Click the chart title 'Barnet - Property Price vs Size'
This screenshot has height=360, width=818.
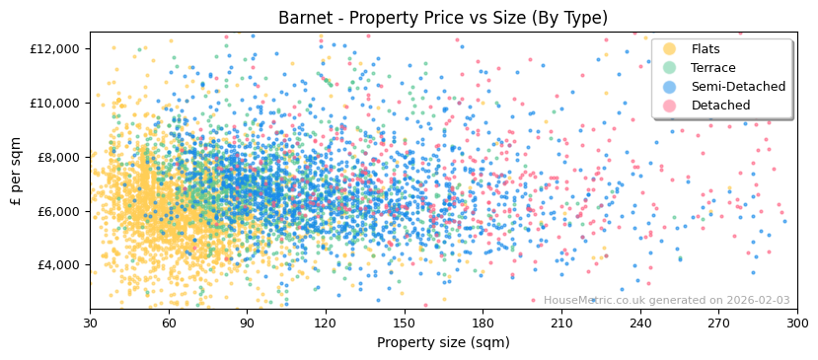[443, 18]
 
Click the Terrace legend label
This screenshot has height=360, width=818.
[713, 68]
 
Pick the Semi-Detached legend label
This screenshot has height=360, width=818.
[738, 87]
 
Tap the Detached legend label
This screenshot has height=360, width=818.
[720, 106]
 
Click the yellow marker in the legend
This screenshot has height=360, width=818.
[670, 49]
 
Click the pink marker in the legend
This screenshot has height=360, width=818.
[670, 106]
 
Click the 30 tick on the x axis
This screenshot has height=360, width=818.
[90, 324]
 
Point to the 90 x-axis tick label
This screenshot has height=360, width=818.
[247, 324]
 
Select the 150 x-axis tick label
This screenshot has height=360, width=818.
[405, 324]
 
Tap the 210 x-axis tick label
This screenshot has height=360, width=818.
[561, 324]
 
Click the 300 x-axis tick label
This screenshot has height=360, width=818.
[797, 324]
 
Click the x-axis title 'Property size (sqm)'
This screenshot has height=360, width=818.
[443, 342]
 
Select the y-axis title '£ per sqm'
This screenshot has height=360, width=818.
[17, 172]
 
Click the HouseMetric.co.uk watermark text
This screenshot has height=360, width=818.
[666, 300]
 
